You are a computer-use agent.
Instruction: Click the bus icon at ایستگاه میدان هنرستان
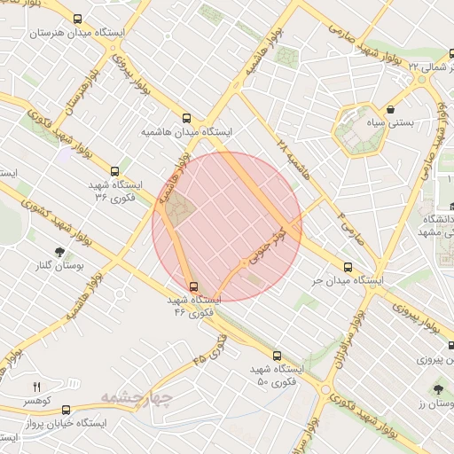(77, 19)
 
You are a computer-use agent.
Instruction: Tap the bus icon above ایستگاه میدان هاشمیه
(186, 117)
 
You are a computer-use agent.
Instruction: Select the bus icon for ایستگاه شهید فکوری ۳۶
(113, 171)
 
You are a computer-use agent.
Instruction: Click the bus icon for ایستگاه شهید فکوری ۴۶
(194, 286)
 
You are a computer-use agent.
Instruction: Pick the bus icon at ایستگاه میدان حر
(347, 266)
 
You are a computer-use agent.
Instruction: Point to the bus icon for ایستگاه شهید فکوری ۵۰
(277, 356)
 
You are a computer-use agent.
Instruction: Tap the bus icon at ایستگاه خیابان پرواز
(67, 409)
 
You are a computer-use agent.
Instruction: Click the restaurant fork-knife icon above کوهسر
(36, 387)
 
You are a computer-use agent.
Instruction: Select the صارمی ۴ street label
(353, 229)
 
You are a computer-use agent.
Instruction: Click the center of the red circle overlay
(227, 227)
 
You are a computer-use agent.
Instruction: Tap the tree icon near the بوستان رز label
(437, 389)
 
